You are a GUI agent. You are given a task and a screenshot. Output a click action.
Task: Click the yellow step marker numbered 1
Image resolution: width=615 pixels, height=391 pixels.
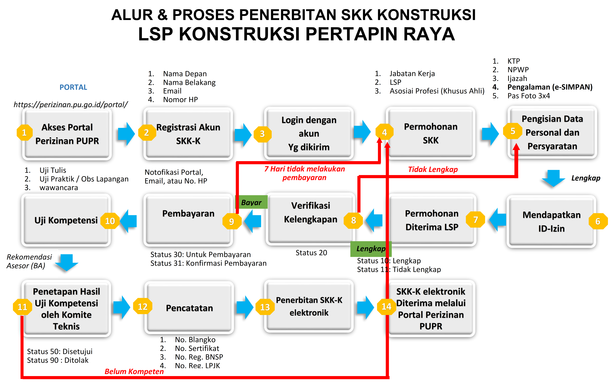[x=24, y=132]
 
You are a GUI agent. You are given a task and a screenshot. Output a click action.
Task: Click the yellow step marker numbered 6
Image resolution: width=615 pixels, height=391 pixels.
[x=598, y=221]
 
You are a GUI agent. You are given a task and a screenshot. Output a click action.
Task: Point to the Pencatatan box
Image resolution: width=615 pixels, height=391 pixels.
[x=189, y=308]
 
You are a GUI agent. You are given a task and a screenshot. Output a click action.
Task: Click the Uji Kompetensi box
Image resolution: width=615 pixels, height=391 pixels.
[x=66, y=220]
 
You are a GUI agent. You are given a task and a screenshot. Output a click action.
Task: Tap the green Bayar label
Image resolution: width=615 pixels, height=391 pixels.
[x=251, y=202]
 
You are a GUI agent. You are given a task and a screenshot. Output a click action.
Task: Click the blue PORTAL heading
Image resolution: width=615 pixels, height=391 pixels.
[x=73, y=87]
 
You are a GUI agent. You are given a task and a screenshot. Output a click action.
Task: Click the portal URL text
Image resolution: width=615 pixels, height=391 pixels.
[x=71, y=105]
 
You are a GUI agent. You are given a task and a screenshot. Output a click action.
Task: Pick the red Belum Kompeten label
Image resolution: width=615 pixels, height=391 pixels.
[x=134, y=371]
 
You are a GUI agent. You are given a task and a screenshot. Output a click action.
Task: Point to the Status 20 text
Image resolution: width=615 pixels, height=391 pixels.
[x=311, y=253]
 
